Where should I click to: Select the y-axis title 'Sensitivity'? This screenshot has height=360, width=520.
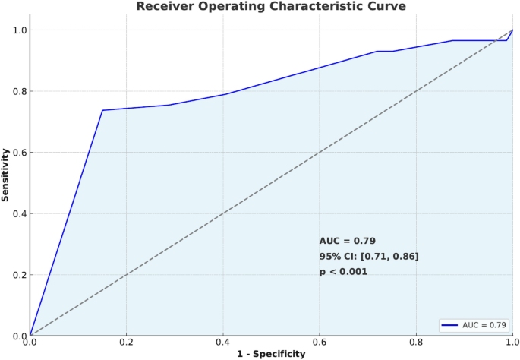(7, 175)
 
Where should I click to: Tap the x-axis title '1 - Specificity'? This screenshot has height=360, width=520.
(270, 354)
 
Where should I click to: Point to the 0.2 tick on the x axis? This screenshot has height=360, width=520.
(126, 343)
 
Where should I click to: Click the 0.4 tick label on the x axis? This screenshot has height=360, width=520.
(223, 343)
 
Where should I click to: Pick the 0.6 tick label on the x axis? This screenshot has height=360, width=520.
(320, 343)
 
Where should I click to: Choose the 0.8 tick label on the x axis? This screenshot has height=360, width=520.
(416, 343)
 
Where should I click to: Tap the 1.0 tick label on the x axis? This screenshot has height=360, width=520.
(512, 343)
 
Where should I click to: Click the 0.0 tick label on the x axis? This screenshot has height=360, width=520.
(30, 343)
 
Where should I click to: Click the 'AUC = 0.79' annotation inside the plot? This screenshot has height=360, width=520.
(348, 241)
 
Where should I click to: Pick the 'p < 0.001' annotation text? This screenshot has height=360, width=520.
(343, 271)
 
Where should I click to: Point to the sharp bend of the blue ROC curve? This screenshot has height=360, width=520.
(102, 110)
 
